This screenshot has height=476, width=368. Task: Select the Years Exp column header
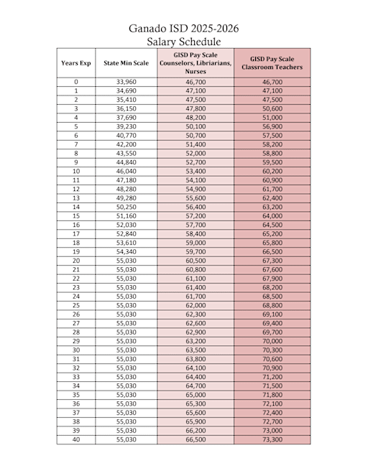click(x=75, y=63)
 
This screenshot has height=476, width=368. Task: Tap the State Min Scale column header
click(x=126, y=63)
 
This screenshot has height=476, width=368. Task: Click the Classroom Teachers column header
click(x=272, y=63)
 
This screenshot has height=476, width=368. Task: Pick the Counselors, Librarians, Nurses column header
click(x=195, y=63)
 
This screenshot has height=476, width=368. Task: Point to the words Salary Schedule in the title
click(x=183, y=42)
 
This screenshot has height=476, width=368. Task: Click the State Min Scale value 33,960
click(x=126, y=83)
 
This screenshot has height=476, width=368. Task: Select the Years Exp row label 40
click(x=75, y=439)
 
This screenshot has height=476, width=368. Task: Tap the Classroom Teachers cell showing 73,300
click(x=272, y=439)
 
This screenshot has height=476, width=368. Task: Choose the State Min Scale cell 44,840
click(x=126, y=163)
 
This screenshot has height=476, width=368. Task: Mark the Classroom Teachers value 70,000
click(x=272, y=341)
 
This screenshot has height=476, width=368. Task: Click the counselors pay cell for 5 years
click(x=195, y=127)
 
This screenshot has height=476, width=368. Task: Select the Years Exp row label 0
click(x=75, y=83)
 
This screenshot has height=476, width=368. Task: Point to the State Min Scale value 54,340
click(x=126, y=252)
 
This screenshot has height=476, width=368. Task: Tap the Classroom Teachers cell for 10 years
click(x=272, y=172)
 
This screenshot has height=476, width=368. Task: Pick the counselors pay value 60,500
click(x=195, y=261)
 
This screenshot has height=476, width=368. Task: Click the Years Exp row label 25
click(x=75, y=306)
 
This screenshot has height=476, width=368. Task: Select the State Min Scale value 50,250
click(x=126, y=207)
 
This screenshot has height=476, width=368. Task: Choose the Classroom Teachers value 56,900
click(x=272, y=127)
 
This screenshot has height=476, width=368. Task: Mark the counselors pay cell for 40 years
click(x=195, y=439)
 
